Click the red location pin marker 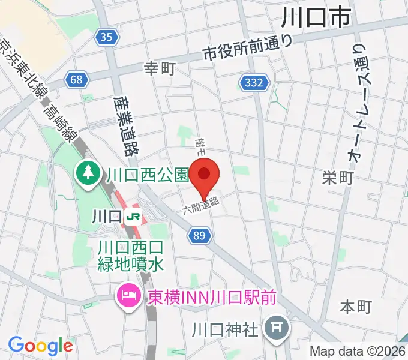click(205, 175)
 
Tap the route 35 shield click(106, 38)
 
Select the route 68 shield click(76, 79)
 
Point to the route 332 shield click(253, 83)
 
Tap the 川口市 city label click(316, 19)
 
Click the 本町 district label click(356, 307)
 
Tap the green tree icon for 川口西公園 click(87, 175)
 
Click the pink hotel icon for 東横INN click(128, 296)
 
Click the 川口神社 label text click(225, 329)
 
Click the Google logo click(40, 346)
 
